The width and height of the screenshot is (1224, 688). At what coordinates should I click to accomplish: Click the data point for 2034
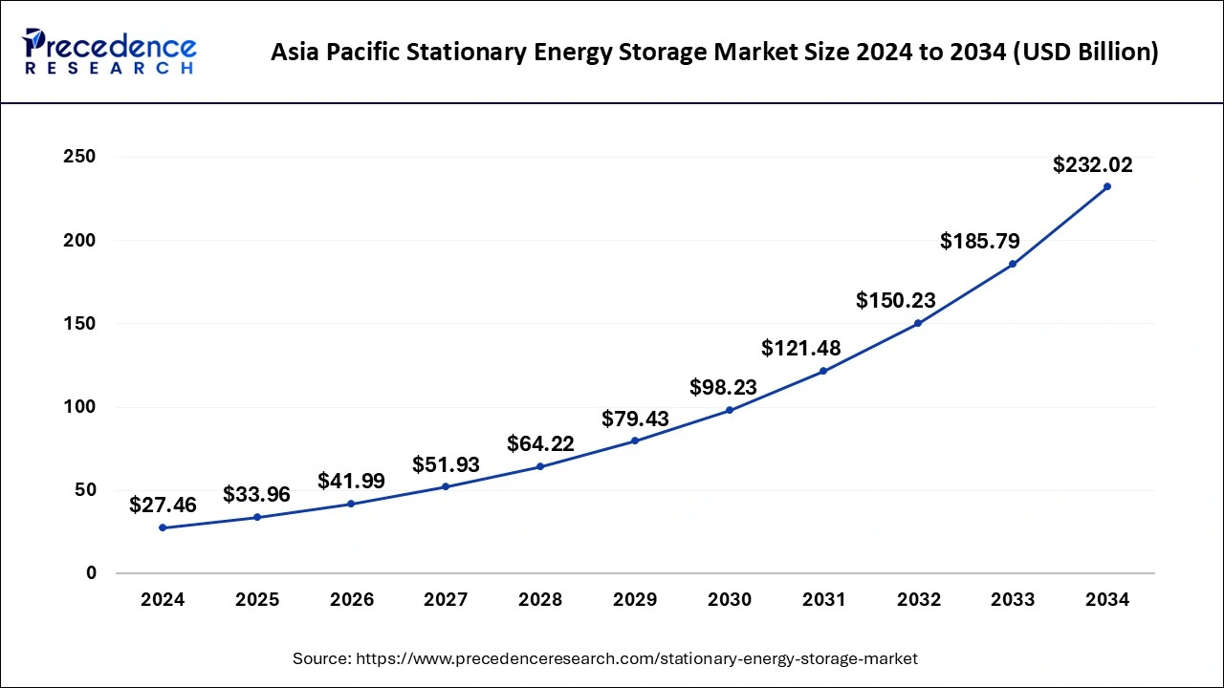click(1107, 186)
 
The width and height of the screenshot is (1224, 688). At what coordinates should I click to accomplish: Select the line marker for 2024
click(163, 527)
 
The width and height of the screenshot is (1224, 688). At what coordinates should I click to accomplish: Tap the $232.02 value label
click(1092, 164)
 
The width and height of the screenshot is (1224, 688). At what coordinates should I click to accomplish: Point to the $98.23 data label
click(723, 387)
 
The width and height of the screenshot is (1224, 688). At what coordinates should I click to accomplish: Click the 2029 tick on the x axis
click(635, 600)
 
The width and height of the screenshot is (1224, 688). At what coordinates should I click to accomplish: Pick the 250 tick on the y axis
click(79, 157)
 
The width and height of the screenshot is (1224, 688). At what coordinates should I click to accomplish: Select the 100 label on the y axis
click(79, 407)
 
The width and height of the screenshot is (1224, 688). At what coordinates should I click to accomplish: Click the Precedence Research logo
click(110, 51)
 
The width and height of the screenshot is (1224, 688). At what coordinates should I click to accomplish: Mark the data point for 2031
click(823, 371)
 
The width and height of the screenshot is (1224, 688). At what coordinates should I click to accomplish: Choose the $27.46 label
click(163, 505)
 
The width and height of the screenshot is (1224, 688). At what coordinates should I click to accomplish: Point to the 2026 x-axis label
click(352, 600)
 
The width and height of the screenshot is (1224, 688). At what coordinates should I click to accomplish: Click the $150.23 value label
click(895, 300)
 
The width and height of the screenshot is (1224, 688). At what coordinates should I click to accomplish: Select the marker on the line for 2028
click(540, 466)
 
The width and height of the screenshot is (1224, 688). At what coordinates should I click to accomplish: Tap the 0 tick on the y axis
click(91, 573)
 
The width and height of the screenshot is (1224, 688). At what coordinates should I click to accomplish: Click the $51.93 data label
click(446, 464)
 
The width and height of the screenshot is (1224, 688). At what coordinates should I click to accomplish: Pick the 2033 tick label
click(1013, 600)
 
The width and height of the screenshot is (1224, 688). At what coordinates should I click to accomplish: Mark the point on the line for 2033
click(1013, 264)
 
